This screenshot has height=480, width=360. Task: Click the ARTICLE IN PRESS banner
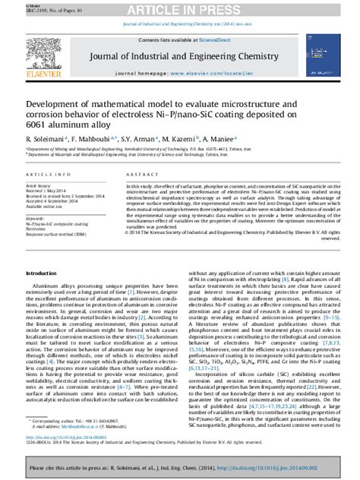[x=179, y=9]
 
